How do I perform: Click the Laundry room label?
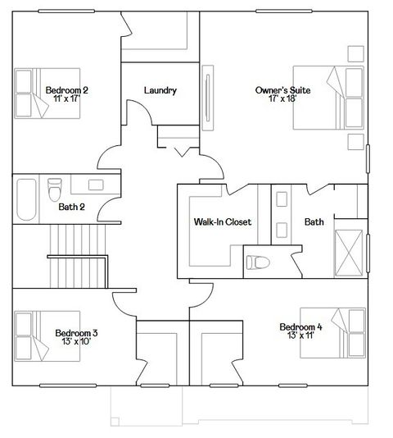[160, 90]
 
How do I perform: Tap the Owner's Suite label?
[283, 90]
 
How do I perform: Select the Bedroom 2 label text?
[66, 90]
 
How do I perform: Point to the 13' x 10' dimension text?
[76, 343]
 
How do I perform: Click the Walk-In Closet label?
[222, 222]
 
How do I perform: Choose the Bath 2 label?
[72, 207]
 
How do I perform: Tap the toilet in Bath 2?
[54, 189]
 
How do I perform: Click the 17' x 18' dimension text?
[283, 100]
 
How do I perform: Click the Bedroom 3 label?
[76, 333]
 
